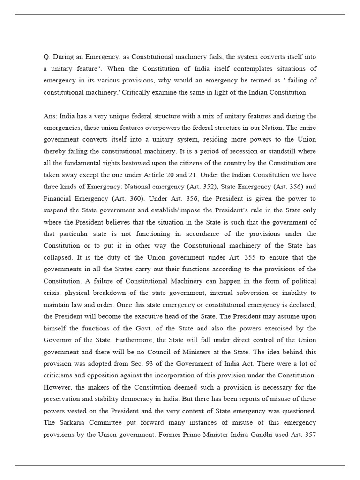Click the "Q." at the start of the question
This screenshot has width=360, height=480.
46,57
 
